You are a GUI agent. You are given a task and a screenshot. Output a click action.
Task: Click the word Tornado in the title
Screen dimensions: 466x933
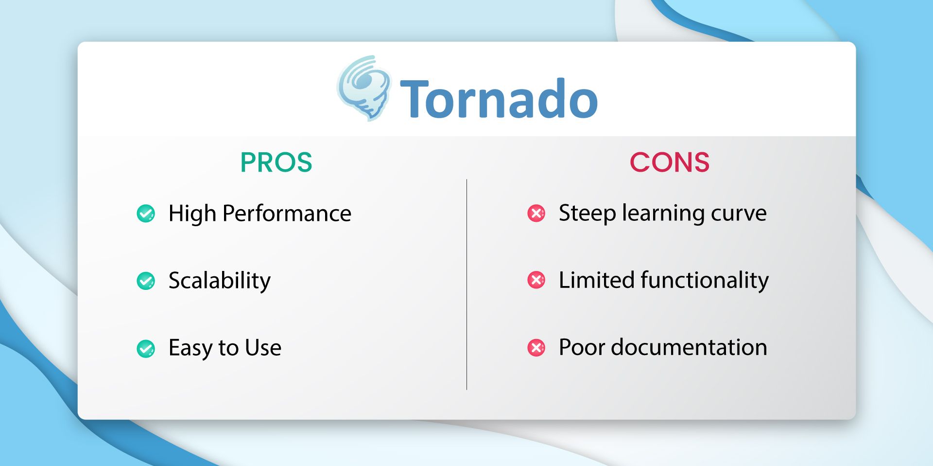499,99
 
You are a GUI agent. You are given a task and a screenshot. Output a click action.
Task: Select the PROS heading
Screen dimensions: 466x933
276,162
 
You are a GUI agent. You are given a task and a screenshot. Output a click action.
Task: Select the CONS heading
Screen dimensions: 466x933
669,162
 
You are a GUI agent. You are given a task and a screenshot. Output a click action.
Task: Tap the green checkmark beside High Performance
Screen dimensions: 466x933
146,213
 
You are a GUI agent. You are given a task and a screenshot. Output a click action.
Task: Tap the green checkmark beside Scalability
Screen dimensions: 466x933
146,281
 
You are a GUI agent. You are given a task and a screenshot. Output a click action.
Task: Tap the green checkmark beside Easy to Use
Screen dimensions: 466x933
146,348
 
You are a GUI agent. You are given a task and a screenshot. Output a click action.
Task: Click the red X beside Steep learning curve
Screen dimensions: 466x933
536,213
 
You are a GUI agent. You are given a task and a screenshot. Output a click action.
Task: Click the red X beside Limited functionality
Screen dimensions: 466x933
536,280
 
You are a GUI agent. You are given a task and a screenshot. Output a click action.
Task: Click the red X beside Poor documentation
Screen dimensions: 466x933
536,347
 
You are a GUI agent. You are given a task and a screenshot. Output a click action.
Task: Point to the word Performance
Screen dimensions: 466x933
287,214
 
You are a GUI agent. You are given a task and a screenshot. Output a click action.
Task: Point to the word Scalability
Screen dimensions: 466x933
219,281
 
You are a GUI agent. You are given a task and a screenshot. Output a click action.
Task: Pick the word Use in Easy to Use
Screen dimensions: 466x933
263,348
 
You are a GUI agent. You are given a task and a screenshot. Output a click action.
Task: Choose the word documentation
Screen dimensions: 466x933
689,347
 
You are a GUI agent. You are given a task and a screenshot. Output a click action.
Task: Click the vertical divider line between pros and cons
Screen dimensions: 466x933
466,285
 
